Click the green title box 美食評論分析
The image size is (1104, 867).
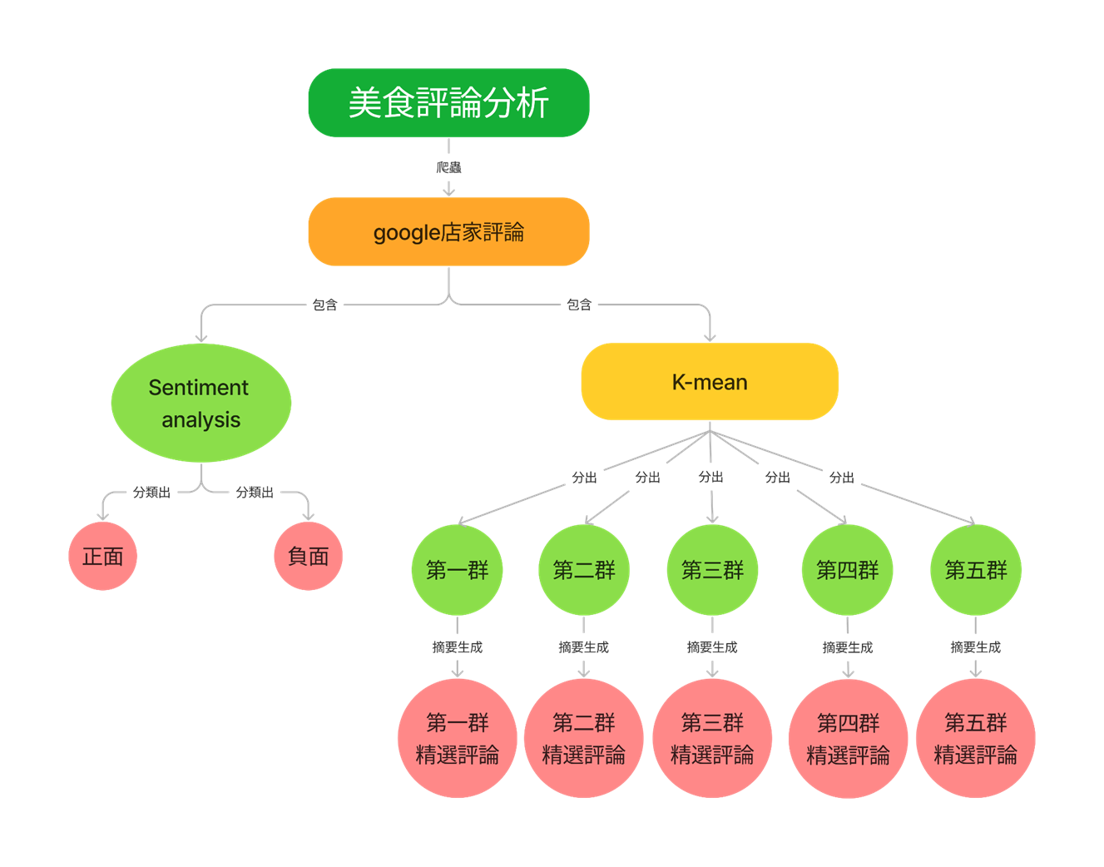[x=448, y=102]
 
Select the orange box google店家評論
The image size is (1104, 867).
[x=448, y=231]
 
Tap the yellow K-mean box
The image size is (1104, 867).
[x=710, y=382]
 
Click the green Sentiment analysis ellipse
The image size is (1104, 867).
[x=201, y=403]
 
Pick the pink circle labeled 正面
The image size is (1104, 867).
[x=102, y=556]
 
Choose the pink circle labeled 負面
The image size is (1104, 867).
[x=308, y=556]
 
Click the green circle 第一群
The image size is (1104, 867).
[x=457, y=570]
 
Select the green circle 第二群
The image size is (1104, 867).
[x=584, y=570]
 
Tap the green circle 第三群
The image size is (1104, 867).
[x=712, y=570]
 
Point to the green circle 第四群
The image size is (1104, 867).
[x=847, y=570]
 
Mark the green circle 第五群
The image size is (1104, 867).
[x=975, y=570]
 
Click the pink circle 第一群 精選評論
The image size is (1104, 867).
[x=457, y=738]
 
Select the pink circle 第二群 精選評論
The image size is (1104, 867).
[x=584, y=738]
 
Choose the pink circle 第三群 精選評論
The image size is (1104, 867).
[x=712, y=738]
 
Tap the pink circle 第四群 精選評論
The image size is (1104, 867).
[x=848, y=738]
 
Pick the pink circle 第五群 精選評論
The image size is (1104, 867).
[x=975, y=738]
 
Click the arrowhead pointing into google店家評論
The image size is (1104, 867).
[x=448, y=191]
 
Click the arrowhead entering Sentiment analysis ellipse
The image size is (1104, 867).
[x=201, y=336]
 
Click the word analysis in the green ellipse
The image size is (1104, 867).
[x=201, y=420]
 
